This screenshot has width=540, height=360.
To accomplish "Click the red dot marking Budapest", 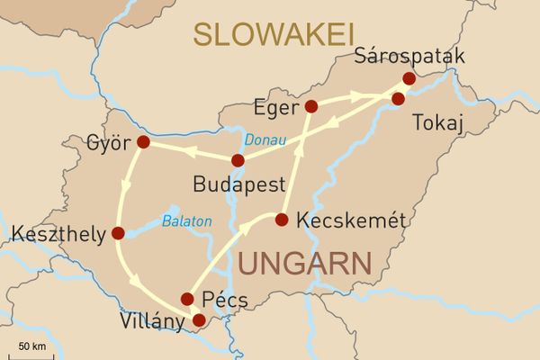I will tap(238, 161).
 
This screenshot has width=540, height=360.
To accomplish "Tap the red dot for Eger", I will tap(311, 106).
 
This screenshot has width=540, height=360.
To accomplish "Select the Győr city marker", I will tap(143, 142).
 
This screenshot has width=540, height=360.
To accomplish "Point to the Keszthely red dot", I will tap(118, 233).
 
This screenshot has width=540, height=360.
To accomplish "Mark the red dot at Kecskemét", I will tap(281, 220).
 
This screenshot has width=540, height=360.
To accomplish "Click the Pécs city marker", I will tap(187, 299).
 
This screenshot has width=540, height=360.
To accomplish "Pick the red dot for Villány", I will tap(199, 319).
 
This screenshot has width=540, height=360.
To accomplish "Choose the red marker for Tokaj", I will tap(398, 98).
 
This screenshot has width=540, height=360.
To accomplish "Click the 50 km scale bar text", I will tap(32, 346).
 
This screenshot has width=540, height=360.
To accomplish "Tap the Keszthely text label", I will tap(55, 234).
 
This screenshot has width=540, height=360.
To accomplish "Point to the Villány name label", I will tap(154, 319).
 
